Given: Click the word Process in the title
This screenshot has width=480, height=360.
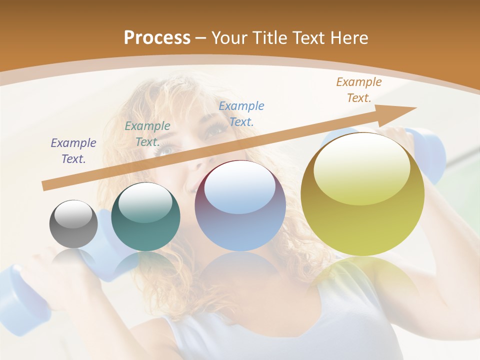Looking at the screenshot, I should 157,38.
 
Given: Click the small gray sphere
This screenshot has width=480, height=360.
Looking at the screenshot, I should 73,224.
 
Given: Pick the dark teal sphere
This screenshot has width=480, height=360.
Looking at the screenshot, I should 145,217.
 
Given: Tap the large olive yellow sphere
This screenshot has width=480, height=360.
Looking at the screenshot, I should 362,194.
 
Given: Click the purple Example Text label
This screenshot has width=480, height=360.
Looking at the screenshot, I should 73,151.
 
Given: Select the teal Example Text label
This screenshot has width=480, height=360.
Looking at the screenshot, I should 147,134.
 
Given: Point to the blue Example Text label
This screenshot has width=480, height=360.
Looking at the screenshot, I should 241,113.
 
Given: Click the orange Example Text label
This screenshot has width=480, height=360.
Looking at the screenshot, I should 358,90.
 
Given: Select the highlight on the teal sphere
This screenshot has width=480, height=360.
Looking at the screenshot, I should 145,203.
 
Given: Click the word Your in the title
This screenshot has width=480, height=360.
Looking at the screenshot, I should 229,38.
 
